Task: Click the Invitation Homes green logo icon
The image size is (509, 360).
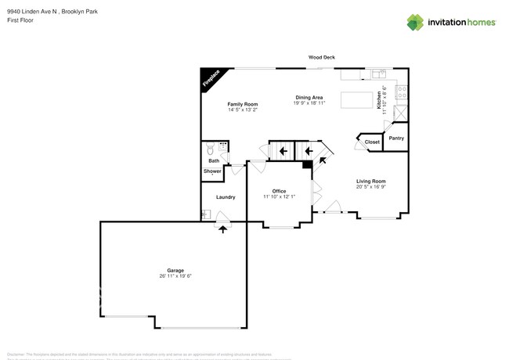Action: (416, 22)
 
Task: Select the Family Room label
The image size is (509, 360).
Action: (243, 104)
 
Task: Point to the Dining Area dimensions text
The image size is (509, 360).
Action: (309, 103)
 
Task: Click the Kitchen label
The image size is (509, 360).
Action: (379, 99)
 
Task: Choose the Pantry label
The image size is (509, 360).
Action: (396, 138)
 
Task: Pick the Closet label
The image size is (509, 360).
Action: (372, 142)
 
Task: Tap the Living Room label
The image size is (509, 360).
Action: (371, 181)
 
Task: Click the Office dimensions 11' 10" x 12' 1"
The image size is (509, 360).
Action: (279, 196)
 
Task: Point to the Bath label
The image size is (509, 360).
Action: (214, 160)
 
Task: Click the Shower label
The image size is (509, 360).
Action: (213, 171)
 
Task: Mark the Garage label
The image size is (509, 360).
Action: (175, 270)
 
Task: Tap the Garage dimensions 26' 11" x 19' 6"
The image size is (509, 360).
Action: (175, 276)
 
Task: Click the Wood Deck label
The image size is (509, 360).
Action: (321, 57)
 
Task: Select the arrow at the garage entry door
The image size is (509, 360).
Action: (223, 229)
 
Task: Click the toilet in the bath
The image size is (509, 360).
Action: (210, 149)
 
